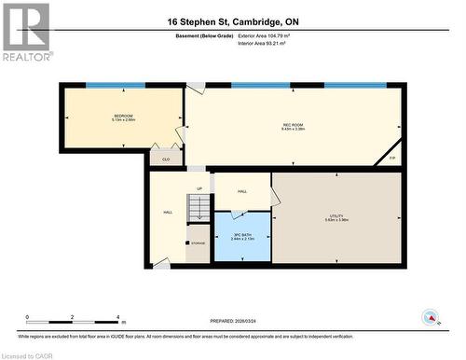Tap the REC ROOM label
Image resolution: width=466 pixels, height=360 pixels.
point(295,127)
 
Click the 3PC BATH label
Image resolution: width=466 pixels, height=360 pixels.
point(241,237)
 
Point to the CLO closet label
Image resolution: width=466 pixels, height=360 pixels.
point(166,159)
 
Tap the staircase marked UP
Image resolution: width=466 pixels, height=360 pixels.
point(199,207)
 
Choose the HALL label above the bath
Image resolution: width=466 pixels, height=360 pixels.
point(241,191)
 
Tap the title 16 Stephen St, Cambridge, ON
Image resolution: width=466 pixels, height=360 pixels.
point(233,21)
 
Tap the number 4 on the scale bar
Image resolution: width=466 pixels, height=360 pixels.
point(117,318)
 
